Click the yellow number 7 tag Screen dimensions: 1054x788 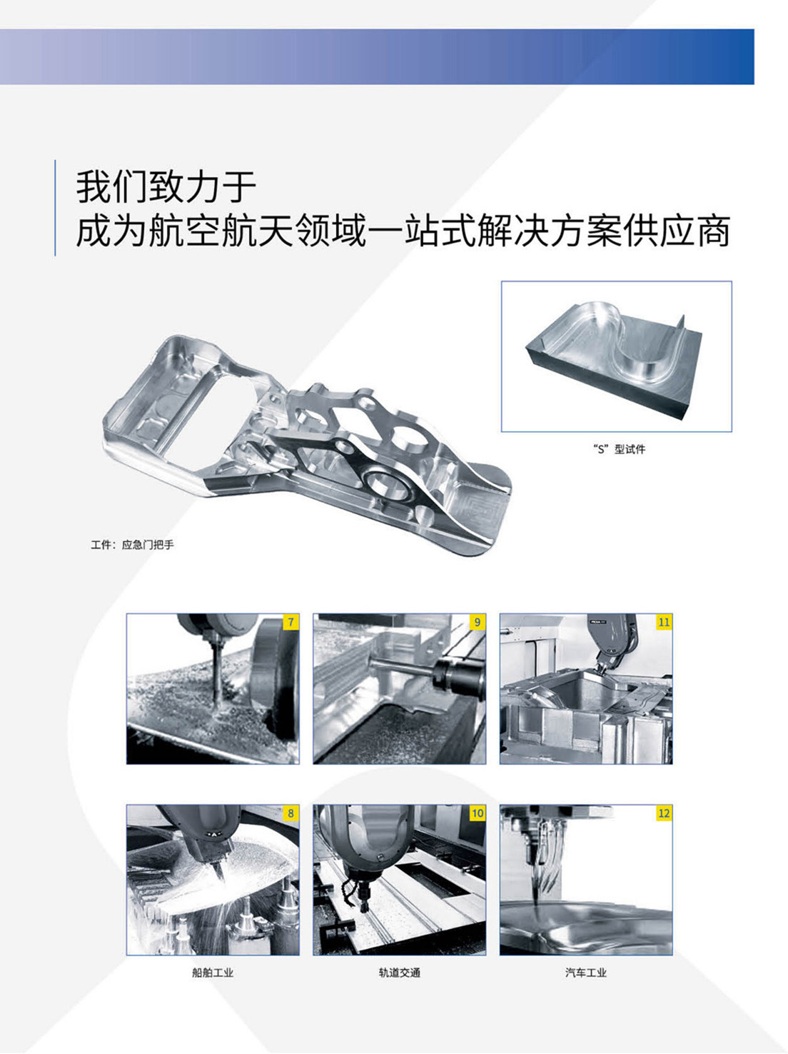[291, 622]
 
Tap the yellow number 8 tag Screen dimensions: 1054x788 [291, 813]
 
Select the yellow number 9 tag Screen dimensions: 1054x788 [478, 622]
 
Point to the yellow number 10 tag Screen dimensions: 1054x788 [477, 813]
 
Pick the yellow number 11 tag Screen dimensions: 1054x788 [664, 622]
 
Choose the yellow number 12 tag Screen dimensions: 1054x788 [664, 813]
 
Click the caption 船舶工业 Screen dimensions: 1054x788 [213, 973]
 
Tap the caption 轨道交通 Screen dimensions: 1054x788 [399, 973]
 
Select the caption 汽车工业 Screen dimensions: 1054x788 [585, 973]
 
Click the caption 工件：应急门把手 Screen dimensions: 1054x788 [132, 545]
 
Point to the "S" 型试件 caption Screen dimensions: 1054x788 [619, 449]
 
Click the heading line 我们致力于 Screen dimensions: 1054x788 [166, 187]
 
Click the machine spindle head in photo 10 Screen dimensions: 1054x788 [364, 850]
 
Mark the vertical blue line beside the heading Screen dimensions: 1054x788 [56, 208]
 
